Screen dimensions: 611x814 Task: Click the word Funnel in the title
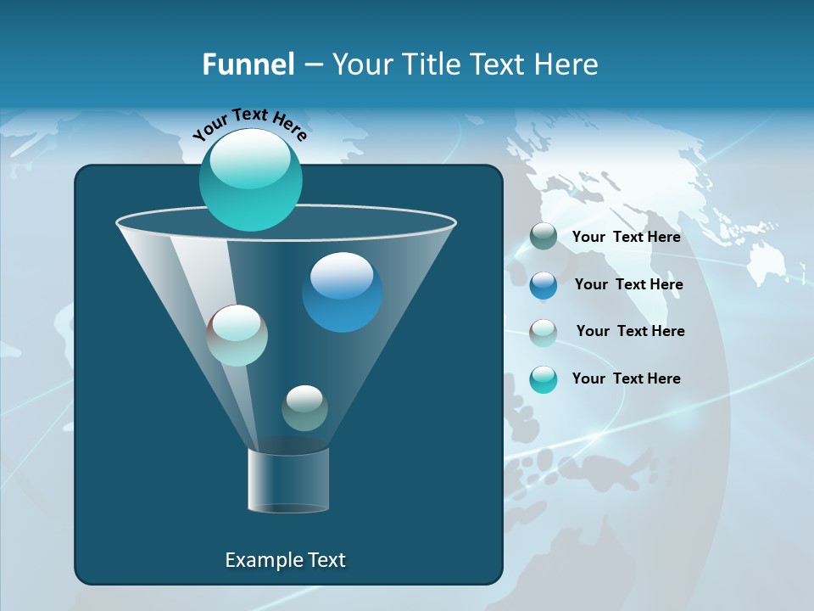248,64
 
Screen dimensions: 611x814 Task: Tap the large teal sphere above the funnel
250,179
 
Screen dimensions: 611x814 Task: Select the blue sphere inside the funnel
342,292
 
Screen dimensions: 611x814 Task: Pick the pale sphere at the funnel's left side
237,335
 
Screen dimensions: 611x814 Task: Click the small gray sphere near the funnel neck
304,408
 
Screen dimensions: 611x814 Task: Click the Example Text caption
285,560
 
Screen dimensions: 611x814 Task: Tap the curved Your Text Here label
250,123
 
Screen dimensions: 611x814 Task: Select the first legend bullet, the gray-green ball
544,237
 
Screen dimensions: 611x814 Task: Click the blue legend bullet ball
544,285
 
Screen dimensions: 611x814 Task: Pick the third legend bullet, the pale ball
544,332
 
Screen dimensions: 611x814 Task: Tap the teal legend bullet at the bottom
544,379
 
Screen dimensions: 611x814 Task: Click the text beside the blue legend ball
628,284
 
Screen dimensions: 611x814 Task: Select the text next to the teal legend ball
626,378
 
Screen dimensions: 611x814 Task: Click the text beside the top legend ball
626,237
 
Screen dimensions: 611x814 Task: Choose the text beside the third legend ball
630,331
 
